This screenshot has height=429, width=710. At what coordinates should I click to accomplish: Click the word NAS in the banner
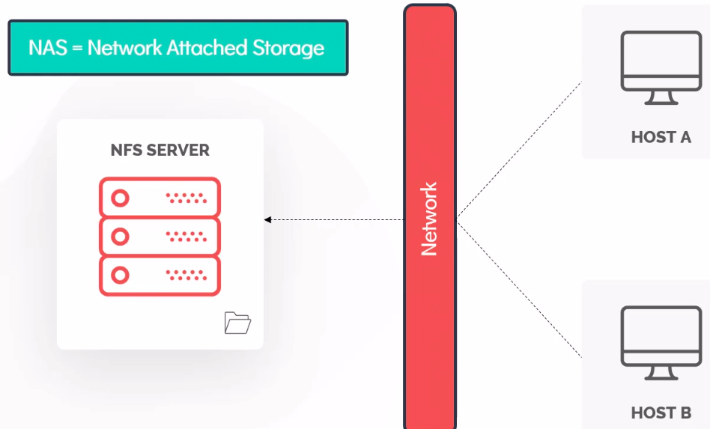tap(46, 48)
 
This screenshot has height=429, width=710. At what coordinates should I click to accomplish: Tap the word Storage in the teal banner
tap(289, 49)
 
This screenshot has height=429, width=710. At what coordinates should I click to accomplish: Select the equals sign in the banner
tap(76, 49)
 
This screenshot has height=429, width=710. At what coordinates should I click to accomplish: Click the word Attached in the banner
tap(208, 48)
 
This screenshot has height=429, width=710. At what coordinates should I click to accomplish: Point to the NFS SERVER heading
tap(160, 150)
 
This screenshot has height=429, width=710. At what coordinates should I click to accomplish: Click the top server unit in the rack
tap(160, 198)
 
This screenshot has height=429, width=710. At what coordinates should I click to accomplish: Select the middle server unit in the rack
tap(160, 237)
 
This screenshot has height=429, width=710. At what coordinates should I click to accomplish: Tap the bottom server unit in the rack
tap(160, 276)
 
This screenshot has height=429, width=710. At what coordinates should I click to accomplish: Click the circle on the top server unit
tap(120, 198)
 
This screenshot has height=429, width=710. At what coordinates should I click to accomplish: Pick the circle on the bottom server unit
tap(120, 276)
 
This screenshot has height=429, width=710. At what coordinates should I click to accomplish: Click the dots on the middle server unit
tap(185, 237)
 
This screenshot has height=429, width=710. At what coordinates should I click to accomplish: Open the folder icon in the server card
tap(237, 323)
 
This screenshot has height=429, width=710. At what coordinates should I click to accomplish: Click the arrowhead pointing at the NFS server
tap(267, 219)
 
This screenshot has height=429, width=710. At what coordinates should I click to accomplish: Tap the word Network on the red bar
tap(429, 219)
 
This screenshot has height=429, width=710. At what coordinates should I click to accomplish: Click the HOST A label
tap(661, 137)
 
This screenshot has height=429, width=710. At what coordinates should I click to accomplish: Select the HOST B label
tap(661, 413)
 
